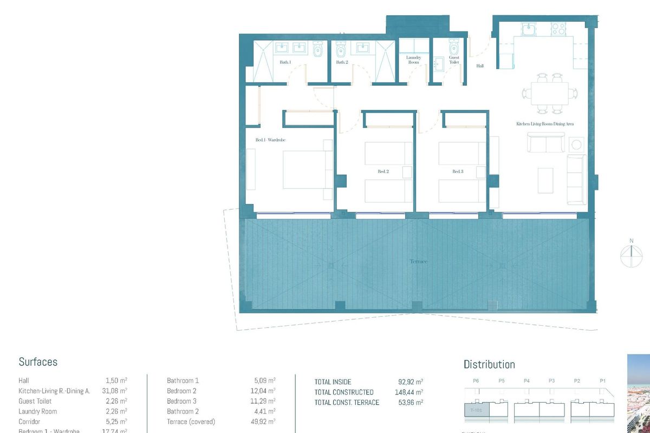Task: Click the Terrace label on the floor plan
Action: click(x=418, y=261)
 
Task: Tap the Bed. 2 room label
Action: click(x=383, y=172)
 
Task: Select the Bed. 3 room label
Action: click(x=458, y=172)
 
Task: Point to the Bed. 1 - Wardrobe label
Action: click(x=270, y=140)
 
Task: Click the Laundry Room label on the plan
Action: click(x=413, y=60)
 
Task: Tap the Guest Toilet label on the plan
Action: click(x=454, y=60)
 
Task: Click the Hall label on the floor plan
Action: click(x=480, y=66)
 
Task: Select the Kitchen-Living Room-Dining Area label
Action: click(x=544, y=124)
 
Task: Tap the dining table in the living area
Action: click(x=550, y=93)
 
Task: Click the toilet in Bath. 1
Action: click(x=318, y=50)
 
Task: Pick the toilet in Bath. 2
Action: click(x=341, y=50)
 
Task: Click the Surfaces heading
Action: click(x=38, y=362)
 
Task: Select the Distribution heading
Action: click(x=489, y=364)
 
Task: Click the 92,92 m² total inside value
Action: click(x=410, y=382)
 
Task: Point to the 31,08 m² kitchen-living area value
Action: click(x=116, y=391)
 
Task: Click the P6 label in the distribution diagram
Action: click(x=476, y=381)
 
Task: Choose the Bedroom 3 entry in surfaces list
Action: click(x=181, y=401)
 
